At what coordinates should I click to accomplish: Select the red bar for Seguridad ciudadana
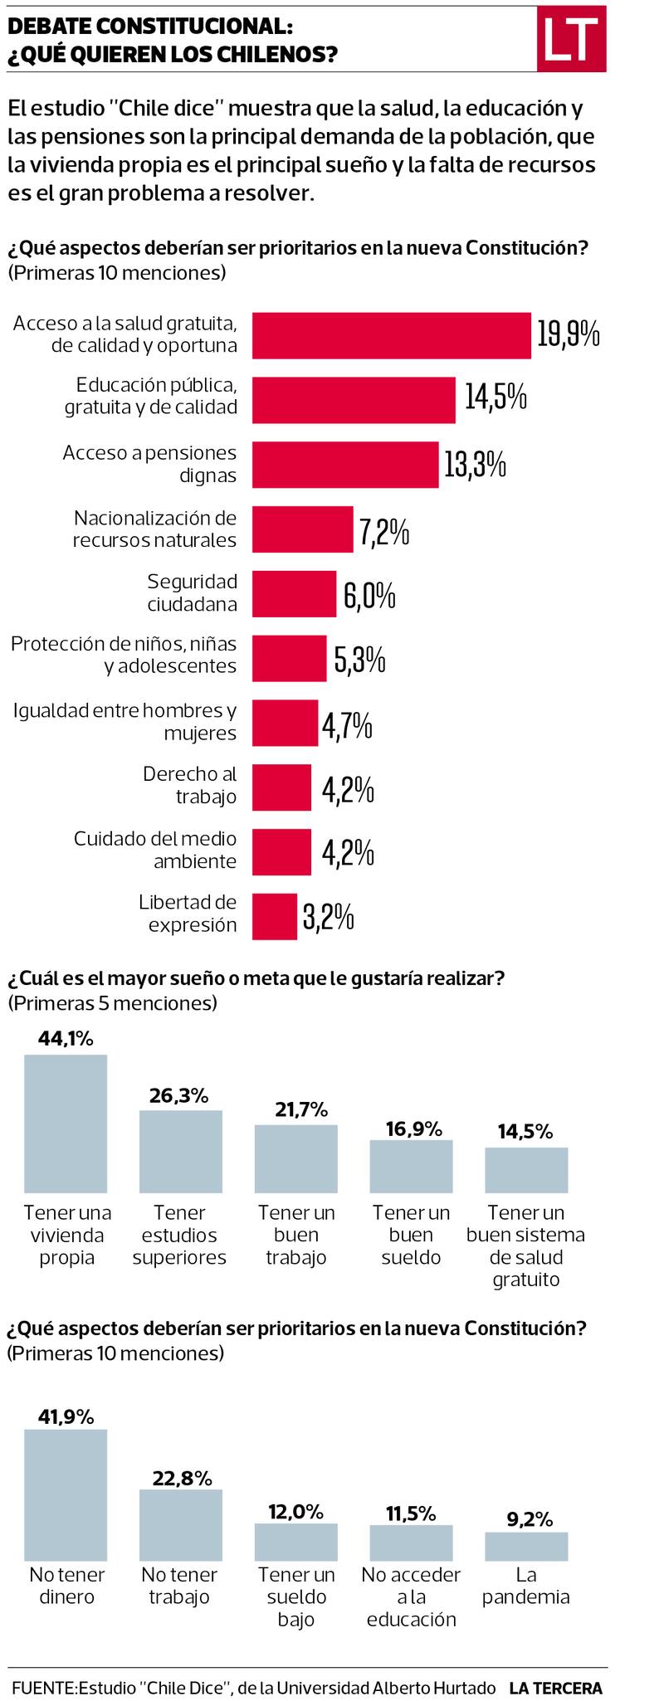294,594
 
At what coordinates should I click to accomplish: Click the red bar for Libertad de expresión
274,916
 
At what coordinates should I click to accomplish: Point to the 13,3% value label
475,465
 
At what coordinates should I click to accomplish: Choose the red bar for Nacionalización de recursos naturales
302,529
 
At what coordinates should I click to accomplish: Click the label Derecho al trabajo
190,785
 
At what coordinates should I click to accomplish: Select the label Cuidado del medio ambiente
155,850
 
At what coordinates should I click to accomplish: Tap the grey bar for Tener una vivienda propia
66,1123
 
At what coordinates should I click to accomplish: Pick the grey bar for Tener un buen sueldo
411,1166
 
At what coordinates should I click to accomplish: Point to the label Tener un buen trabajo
296,1235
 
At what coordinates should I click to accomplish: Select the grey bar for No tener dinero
66,1494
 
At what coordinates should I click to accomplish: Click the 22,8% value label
182,1478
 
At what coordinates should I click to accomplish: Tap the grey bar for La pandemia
526,1546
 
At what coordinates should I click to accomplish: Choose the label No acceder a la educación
411,1596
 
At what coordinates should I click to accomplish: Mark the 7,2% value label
384,531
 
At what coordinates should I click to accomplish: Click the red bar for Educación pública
354,400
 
